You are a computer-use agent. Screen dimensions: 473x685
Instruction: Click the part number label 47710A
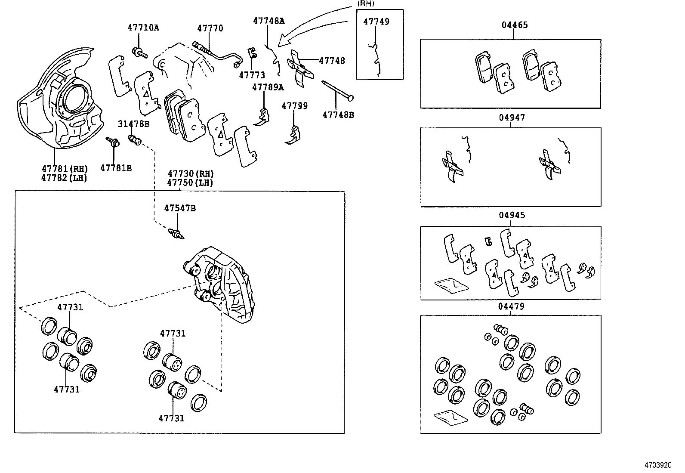[143, 28]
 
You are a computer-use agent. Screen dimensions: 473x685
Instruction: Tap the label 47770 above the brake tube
[210, 28]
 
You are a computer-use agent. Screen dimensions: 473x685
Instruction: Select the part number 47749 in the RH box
[376, 22]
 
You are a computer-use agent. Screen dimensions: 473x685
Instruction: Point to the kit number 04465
[514, 25]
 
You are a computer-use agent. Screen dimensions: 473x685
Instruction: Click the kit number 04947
[512, 117]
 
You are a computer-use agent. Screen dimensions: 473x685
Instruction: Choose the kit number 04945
[512, 215]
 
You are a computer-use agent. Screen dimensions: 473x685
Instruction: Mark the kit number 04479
[511, 306]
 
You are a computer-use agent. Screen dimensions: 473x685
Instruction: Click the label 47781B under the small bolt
[116, 168]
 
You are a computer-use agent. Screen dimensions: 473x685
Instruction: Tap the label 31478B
[133, 124]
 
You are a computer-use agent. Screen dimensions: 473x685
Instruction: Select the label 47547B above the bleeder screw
[179, 208]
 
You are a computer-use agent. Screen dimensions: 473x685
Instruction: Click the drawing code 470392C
[657, 465]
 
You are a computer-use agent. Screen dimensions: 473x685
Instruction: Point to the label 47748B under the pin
[338, 115]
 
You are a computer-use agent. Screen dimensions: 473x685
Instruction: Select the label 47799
[294, 106]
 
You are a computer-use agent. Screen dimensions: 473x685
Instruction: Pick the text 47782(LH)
[64, 177]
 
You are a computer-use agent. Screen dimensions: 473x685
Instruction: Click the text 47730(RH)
[190, 174]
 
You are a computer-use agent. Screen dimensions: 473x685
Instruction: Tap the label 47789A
[268, 87]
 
